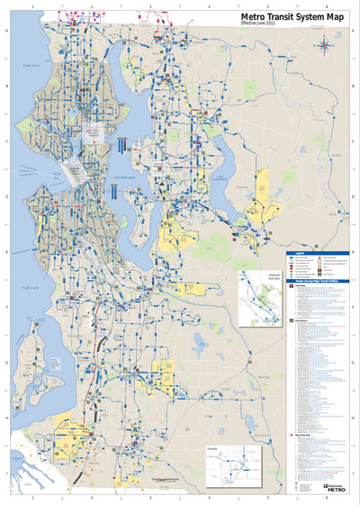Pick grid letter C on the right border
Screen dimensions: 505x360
[x=352, y=141]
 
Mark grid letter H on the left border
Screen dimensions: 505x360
[x=6, y=417]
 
